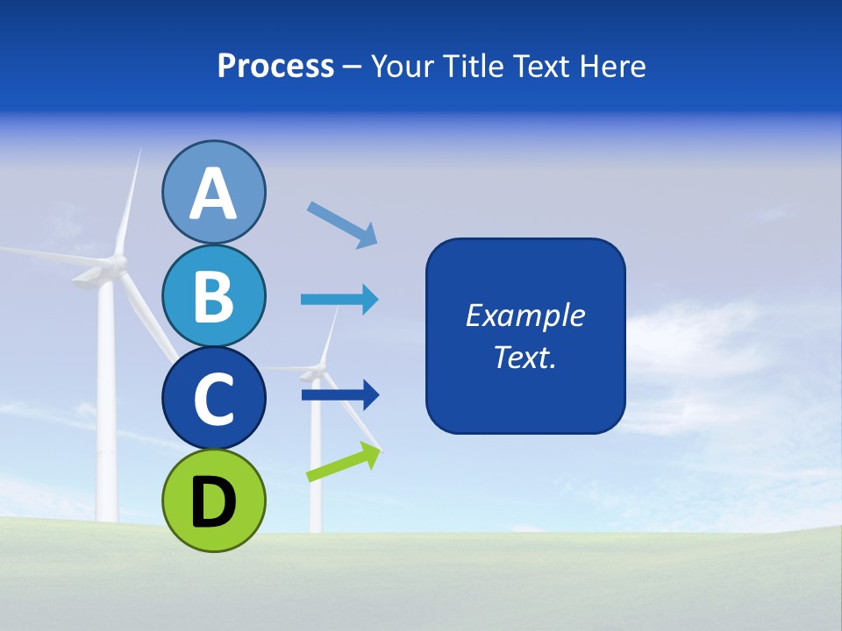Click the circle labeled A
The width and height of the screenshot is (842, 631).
coord(213,192)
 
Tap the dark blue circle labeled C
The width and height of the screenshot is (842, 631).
coord(213,398)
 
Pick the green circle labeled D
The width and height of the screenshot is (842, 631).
coord(213,500)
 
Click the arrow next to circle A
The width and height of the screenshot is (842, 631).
coord(342,224)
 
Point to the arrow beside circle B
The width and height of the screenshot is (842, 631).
coord(339,300)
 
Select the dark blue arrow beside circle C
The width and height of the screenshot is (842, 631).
coord(339,395)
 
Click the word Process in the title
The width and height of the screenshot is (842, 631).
coord(275,66)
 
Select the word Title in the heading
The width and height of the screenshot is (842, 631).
coord(470,66)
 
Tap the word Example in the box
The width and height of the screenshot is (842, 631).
coord(524,315)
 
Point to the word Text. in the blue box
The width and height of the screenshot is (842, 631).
coord(524,357)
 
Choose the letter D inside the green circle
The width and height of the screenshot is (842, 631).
coord(213,502)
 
